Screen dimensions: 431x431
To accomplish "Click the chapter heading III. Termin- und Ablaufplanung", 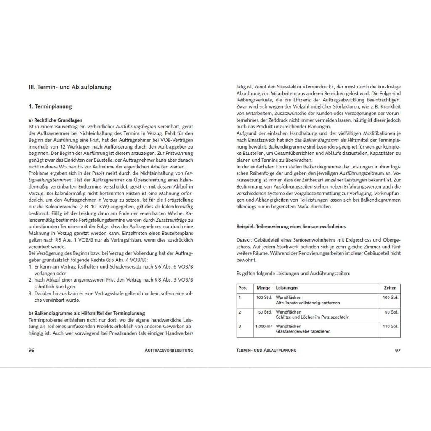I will [x=69, y=88].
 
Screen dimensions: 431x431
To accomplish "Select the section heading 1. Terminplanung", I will [x=50, y=107].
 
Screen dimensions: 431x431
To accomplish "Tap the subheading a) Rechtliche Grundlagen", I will [x=56, y=120].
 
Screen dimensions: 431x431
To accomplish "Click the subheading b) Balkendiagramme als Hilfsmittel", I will [x=86, y=313].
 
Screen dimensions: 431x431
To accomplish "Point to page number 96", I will [x=31, y=350].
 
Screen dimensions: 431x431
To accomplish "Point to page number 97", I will [x=397, y=350].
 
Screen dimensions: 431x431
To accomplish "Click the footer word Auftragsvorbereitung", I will [x=168, y=350].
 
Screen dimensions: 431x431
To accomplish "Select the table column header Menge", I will [x=263, y=288].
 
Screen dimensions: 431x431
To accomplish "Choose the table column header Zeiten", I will [x=390, y=288].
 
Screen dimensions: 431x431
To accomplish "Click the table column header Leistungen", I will [x=287, y=288].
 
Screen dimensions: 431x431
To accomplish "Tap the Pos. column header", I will [x=243, y=288].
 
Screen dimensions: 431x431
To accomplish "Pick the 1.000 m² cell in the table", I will [x=263, y=326].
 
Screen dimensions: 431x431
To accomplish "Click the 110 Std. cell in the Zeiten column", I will [x=390, y=326].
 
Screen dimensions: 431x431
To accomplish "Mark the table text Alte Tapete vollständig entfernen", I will [x=308, y=303].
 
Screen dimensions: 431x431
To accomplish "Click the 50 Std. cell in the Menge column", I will [x=266, y=312].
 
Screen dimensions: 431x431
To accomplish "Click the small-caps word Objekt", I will [x=244, y=239].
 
